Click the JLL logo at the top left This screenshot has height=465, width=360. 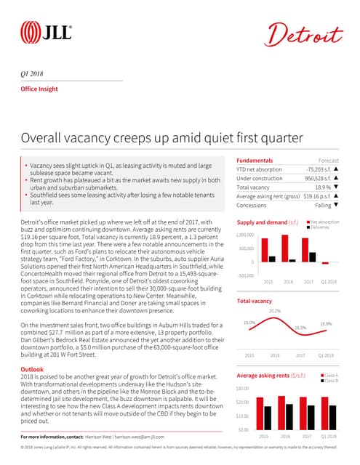(x=46, y=31)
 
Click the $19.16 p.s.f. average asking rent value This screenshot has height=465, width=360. (x=308, y=196)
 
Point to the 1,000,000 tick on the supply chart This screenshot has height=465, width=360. (x=244, y=235)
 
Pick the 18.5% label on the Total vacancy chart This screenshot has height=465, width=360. (x=300, y=348)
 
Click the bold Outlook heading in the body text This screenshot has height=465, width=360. (x=32, y=369)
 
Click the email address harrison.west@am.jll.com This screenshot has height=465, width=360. (x=142, y=436)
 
